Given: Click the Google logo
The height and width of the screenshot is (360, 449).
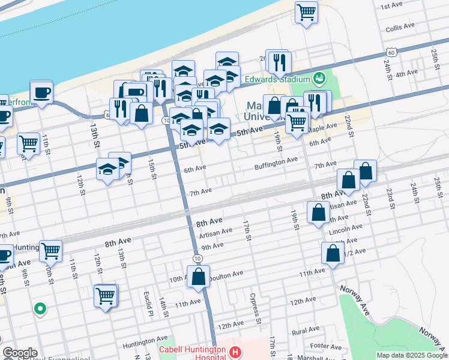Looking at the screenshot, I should (x=20, y=353).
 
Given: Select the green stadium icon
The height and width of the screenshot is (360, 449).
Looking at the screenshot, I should (x=319, y=78).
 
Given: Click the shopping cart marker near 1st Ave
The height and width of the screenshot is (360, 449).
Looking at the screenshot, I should (x=306, y=11).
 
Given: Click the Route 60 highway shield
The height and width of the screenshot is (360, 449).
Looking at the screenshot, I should (x=391, y=53).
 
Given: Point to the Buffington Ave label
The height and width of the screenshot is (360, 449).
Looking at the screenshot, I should (x=276, y=160).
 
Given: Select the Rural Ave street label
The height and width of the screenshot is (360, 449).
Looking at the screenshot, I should (x=306, y=330).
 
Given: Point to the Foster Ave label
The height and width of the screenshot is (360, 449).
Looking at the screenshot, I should (x=326, y=346).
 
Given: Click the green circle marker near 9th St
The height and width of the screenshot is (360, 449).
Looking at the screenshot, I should (x=40, y=310).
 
